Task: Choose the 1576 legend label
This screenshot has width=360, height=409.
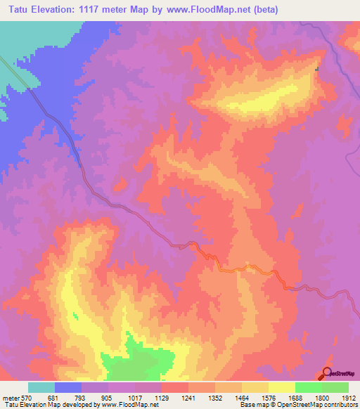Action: (x=269, y=398)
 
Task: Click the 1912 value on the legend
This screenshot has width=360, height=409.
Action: (x=349, y=398)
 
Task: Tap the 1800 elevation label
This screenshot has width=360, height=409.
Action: (x=322, y=398)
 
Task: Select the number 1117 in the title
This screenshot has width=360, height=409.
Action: (x=96, y=10)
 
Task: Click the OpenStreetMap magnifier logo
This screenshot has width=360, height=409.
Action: (x=326, y=372)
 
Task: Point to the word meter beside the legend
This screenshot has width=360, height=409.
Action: (x=10, y=398)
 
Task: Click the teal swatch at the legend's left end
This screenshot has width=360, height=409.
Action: (x=41, y=387)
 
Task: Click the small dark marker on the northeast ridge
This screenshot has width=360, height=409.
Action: (x=317, y=69)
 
